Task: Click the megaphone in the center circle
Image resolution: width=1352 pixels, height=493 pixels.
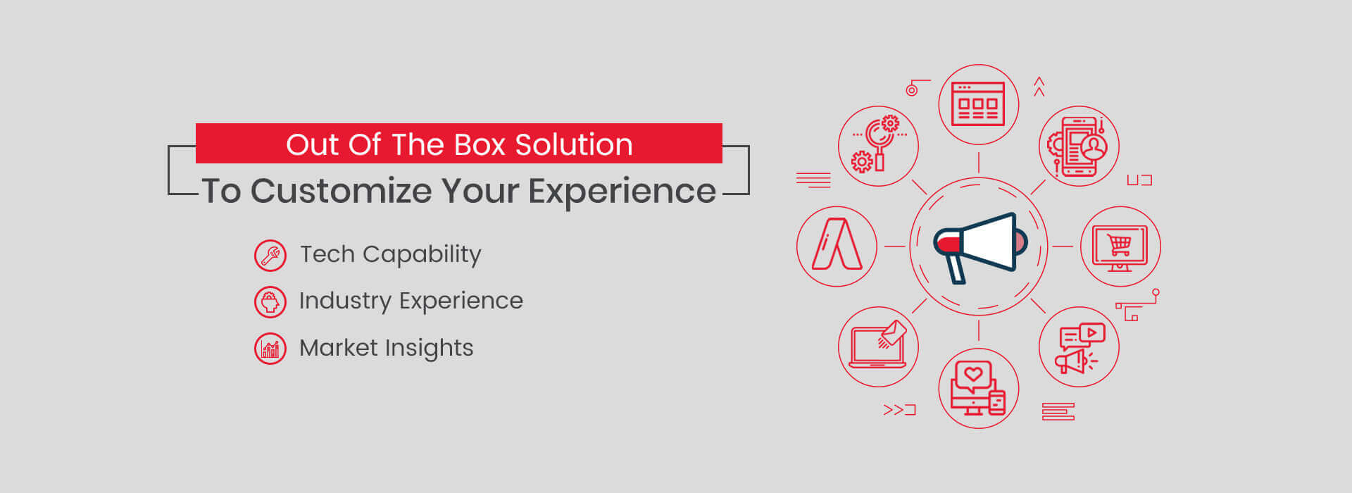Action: coord(979,246)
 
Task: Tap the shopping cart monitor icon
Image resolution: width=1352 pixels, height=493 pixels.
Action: coord(1120,246)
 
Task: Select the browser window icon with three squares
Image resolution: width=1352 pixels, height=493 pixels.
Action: coord(978,104)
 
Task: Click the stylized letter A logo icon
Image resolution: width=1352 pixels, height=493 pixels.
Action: coord(837,246)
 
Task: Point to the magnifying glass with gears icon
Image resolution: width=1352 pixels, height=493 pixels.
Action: coord(877,146)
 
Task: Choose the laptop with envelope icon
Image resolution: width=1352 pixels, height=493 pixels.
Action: coord(878,346)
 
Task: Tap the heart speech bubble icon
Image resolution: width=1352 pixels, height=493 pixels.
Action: coord(978,388)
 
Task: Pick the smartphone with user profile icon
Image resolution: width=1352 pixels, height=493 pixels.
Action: coord(1079,146)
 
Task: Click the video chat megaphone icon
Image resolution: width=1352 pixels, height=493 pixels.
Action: coord(1079,347)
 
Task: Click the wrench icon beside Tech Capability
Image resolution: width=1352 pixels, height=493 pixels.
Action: coord(270,256)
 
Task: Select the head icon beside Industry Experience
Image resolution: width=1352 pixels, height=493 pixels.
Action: coord(270,302)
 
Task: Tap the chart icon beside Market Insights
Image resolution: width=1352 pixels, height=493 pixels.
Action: coord(270,349)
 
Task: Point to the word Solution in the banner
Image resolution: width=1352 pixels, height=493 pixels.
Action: coord(574,145)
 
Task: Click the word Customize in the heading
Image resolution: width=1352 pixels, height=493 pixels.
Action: coord(341,192)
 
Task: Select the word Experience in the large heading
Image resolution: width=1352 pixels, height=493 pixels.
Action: coord(622,192)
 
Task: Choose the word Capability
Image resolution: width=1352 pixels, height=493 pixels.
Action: coord(422,254)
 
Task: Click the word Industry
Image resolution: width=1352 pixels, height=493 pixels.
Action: coord(344,301)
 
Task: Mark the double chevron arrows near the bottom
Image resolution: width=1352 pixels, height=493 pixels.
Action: coord(894,410)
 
